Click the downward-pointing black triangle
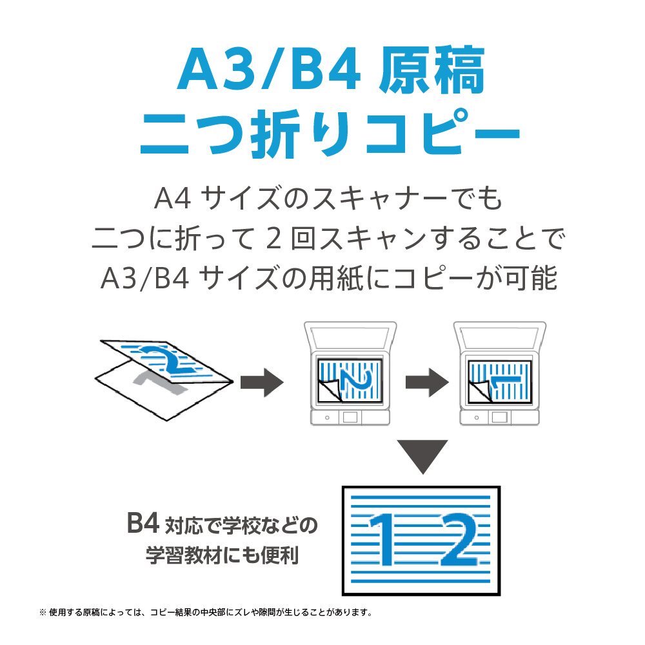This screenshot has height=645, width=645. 421,455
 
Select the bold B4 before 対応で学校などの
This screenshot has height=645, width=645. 143,525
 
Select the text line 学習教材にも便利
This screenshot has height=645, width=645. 223,555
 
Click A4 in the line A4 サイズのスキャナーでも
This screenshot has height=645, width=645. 170,199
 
